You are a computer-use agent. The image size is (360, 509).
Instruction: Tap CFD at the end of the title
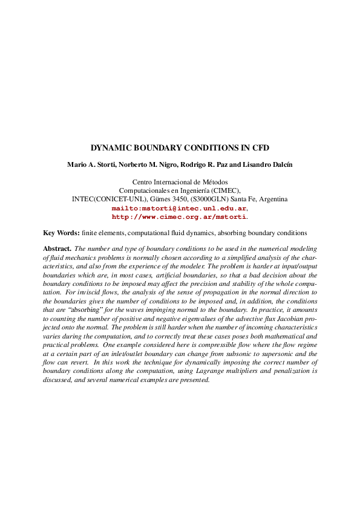click(261, 148)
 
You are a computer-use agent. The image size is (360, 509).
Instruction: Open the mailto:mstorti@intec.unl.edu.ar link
click(179, 207)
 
